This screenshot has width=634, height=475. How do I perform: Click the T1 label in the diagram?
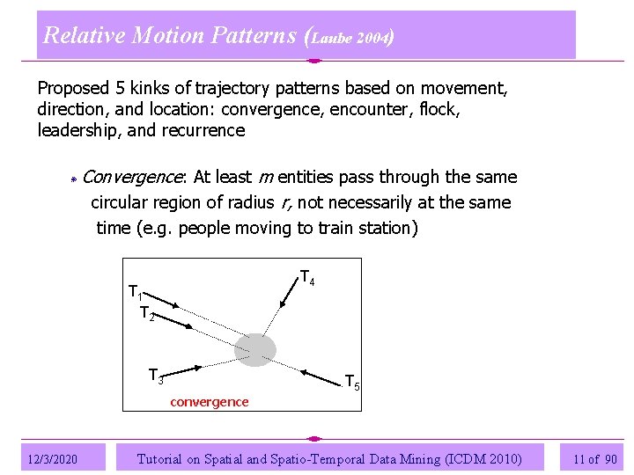coord(136,292)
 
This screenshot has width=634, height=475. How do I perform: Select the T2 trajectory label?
coord(147,312)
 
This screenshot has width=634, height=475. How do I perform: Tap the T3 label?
coord(156,376)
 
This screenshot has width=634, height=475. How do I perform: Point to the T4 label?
coord(307,278)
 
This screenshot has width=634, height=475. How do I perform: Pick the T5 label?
coord(351,382)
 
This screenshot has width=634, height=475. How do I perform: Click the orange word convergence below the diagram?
coord(210,402)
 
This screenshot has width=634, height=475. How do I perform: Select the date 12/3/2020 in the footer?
coord(53,459)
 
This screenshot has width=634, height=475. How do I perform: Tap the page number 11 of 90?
coord(594,459)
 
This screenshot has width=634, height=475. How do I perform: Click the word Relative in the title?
coord(85,35)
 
